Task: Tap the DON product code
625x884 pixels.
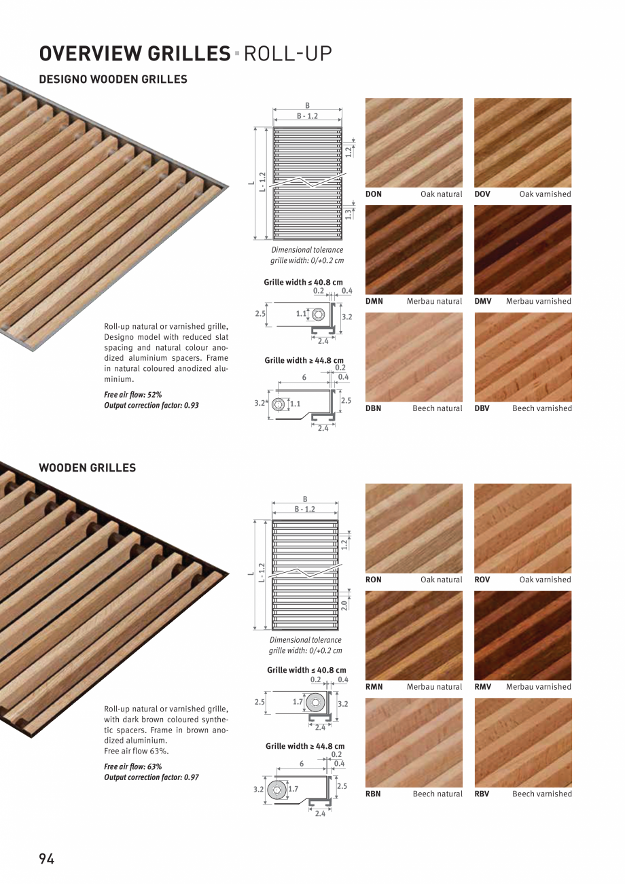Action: click(373, 194)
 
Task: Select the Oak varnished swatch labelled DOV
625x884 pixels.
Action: click(523, 143)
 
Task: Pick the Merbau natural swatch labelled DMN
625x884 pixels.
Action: click(414, 250)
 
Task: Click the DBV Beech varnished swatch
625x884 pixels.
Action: click(523, 357)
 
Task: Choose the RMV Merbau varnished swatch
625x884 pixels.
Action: click(523, 635)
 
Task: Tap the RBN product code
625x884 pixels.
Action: click(373, 794)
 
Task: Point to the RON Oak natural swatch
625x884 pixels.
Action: click(414, 529)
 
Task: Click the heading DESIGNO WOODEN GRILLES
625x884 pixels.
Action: click(113, 79)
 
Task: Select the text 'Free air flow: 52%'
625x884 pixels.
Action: click(133, 395)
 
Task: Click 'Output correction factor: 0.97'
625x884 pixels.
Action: click(151, 777)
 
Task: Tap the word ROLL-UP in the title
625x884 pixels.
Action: click(288, 54)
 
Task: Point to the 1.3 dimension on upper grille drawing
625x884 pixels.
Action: click(348, 213)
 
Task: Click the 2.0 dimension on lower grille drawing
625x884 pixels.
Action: click(344, 605)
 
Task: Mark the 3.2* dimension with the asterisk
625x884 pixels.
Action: click(260, 404)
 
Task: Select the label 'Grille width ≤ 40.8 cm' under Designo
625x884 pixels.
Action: click(303, 282)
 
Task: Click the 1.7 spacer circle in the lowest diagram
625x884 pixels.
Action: click(277, 790)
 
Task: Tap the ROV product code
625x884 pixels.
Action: click(482, 580)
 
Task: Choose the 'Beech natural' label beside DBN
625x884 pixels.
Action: click(437, 408)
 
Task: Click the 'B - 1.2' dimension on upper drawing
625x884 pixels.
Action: click(307, 116)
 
